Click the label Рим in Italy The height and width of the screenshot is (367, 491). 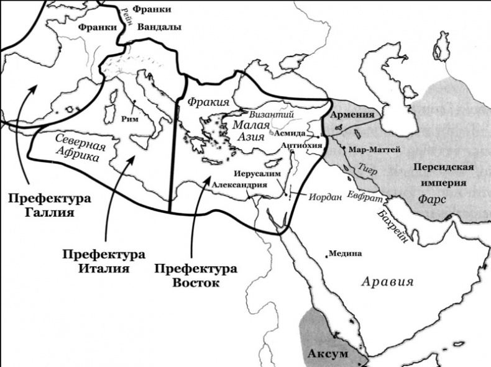click(131, 118)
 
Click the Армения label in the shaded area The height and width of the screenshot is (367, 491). click(352, 115)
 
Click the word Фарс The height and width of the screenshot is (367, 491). click(431, 200)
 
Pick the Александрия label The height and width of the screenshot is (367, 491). click(239, 185)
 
